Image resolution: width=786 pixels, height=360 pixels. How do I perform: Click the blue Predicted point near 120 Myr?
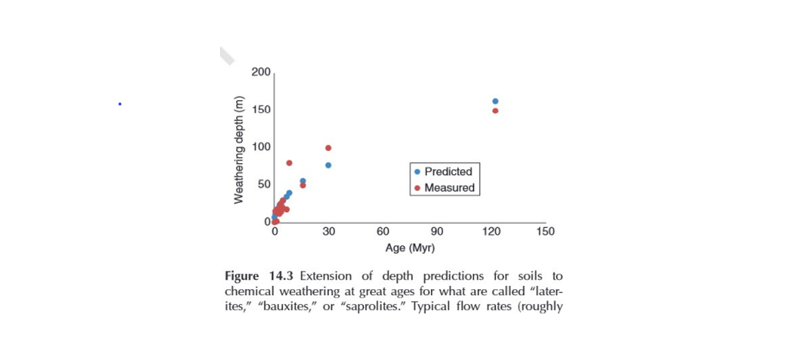(495, 101)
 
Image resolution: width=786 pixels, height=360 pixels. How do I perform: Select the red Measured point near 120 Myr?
(495, 111)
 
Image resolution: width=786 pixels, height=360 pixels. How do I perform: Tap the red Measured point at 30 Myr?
(328, 148)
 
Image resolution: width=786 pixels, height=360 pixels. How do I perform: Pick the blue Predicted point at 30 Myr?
(328, 165)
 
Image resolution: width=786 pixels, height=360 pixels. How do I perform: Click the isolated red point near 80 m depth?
(289, 163)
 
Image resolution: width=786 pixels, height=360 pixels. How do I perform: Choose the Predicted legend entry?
(443, 172)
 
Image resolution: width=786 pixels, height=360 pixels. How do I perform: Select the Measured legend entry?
(444, 188)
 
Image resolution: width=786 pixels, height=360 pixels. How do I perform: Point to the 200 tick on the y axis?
(261, 73)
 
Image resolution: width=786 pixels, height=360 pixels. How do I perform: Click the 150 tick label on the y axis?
(261, 110)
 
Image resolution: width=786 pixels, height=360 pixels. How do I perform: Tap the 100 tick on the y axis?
(261, 147)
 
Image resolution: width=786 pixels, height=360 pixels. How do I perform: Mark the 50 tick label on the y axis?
(263, 184)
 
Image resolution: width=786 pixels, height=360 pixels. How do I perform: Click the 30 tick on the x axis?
(328, 231)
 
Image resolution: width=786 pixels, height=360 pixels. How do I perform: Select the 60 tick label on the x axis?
(383, 231)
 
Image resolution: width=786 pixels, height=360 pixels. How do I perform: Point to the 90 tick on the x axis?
(436, 231)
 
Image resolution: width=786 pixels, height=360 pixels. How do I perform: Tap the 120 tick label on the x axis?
(491, 231)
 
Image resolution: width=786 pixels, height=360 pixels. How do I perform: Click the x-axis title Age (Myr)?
(410, 248)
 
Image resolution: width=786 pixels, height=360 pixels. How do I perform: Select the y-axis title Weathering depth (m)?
(239, 150)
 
